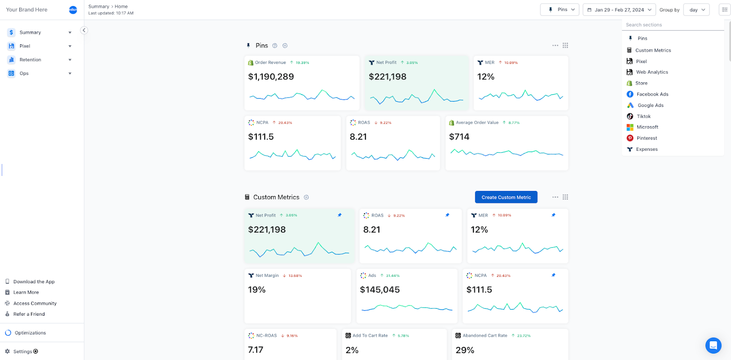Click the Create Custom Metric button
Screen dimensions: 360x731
click(x=506, y=197)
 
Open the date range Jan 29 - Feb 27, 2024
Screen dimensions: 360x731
click(x=619, y=10)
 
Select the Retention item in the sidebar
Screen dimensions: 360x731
click(x=30, y=60)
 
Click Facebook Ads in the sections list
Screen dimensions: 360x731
click(x=652, y=94)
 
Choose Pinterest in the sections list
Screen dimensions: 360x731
click(x=646, y=138)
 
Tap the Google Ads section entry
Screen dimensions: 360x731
click(x=650, y=105)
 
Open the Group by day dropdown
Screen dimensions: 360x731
click(x=697, y=10)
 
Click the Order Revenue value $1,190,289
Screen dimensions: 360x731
click(x=271, y=77)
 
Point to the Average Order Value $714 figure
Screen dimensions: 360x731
click(x=459, y=137)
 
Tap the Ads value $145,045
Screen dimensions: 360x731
click(x=380, y=290)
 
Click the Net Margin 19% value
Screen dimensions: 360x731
click(x=257, y=290)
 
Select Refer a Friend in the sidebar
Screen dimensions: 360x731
click(x=29, y=314)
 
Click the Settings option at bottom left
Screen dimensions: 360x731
click(x=23, y=351)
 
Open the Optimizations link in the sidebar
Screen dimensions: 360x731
click(x=30, y=333)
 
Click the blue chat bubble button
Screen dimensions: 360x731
click(x=713, y=345)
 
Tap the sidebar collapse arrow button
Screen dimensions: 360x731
click(x=84, y=30)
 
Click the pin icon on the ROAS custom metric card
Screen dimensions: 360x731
click(x=447, y=215)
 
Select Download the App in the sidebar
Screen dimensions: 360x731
click(x=34, y=281)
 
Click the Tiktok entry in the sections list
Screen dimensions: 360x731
click(x=643, y=116)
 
